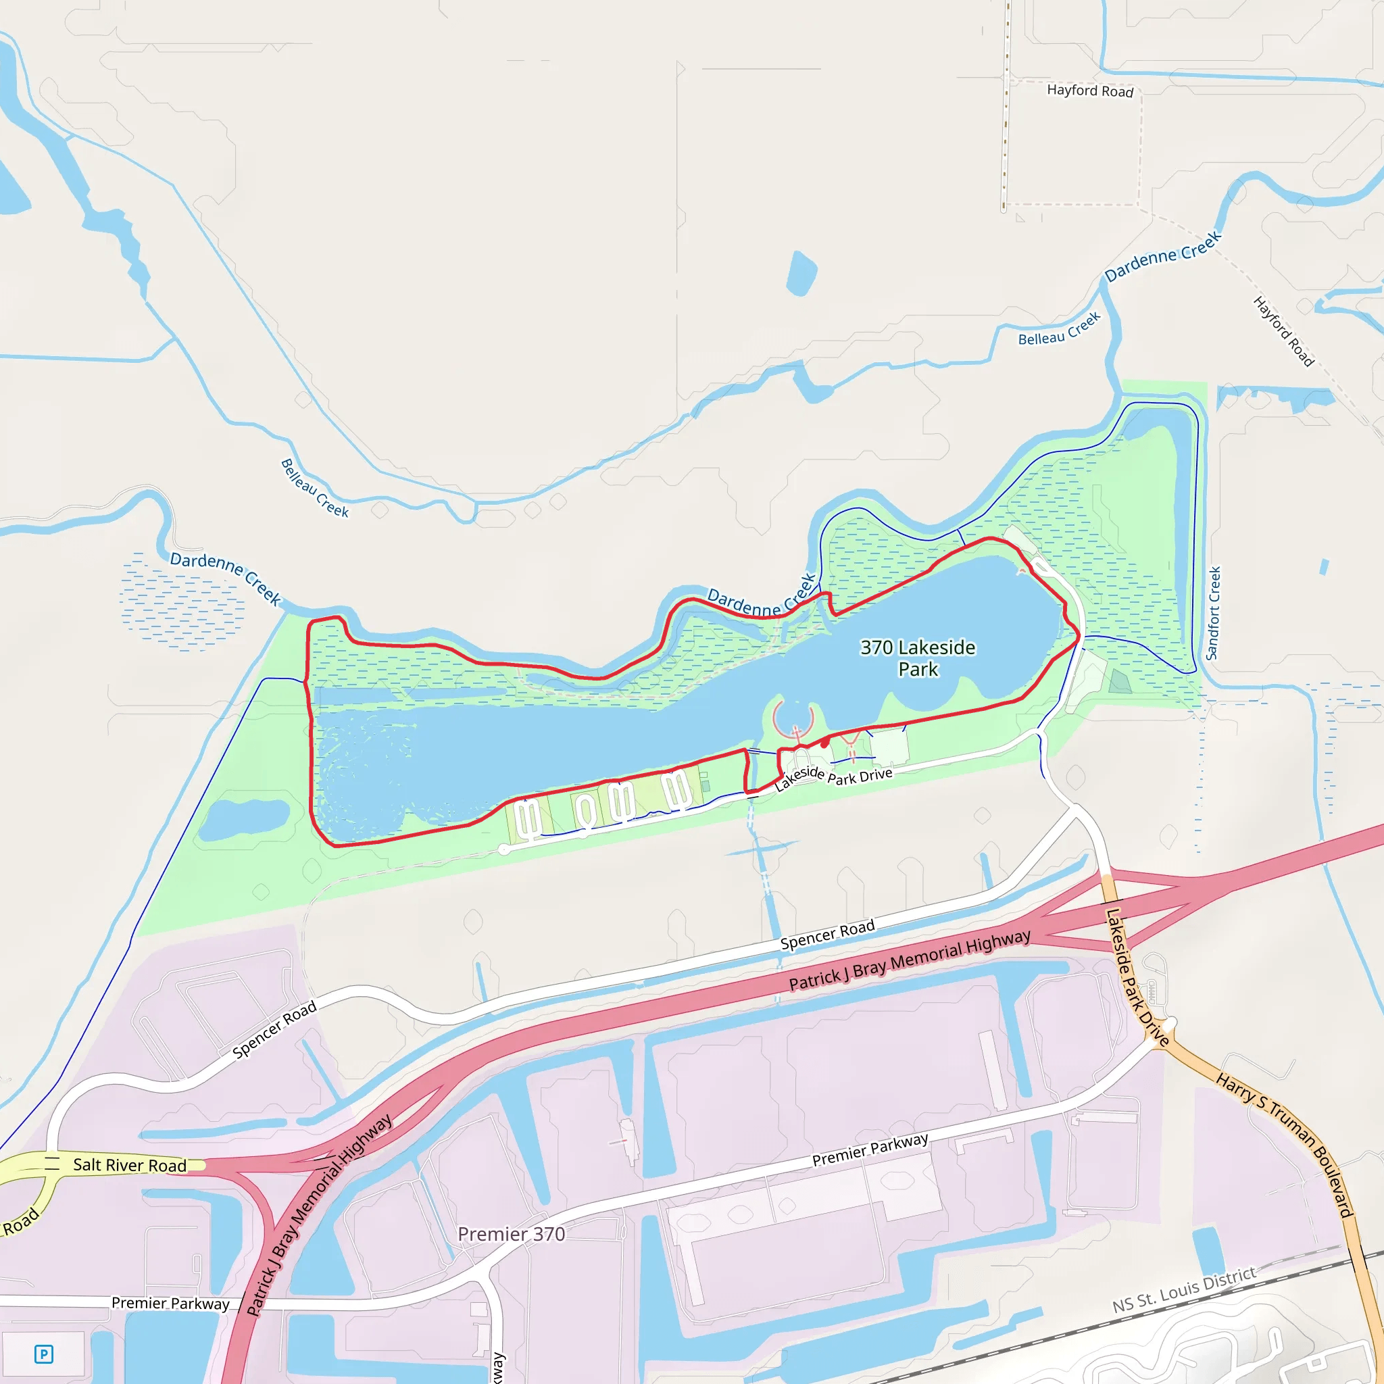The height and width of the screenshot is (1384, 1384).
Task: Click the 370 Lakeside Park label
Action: pos(918,658)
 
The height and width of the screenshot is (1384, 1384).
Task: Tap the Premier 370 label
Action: pos(511,1233)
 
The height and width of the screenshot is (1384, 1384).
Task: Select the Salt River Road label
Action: pos(130,1165)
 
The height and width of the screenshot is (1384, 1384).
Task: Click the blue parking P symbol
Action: pos(44,1354)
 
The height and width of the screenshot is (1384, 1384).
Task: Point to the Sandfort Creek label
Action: pos(1213,613)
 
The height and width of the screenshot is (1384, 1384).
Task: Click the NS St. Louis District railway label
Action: pos(1184,1289)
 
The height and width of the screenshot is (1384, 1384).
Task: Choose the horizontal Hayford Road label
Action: pos(1089,91)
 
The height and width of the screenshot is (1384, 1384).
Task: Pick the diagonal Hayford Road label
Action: pos(1284,331)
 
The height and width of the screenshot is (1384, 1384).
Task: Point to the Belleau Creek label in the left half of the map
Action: pos(314,488)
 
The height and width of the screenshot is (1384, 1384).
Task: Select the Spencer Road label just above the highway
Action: pos(827,935)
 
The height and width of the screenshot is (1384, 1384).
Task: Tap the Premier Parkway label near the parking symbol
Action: pos(170,1303)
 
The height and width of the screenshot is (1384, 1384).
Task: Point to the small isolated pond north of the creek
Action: pos(801,273)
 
